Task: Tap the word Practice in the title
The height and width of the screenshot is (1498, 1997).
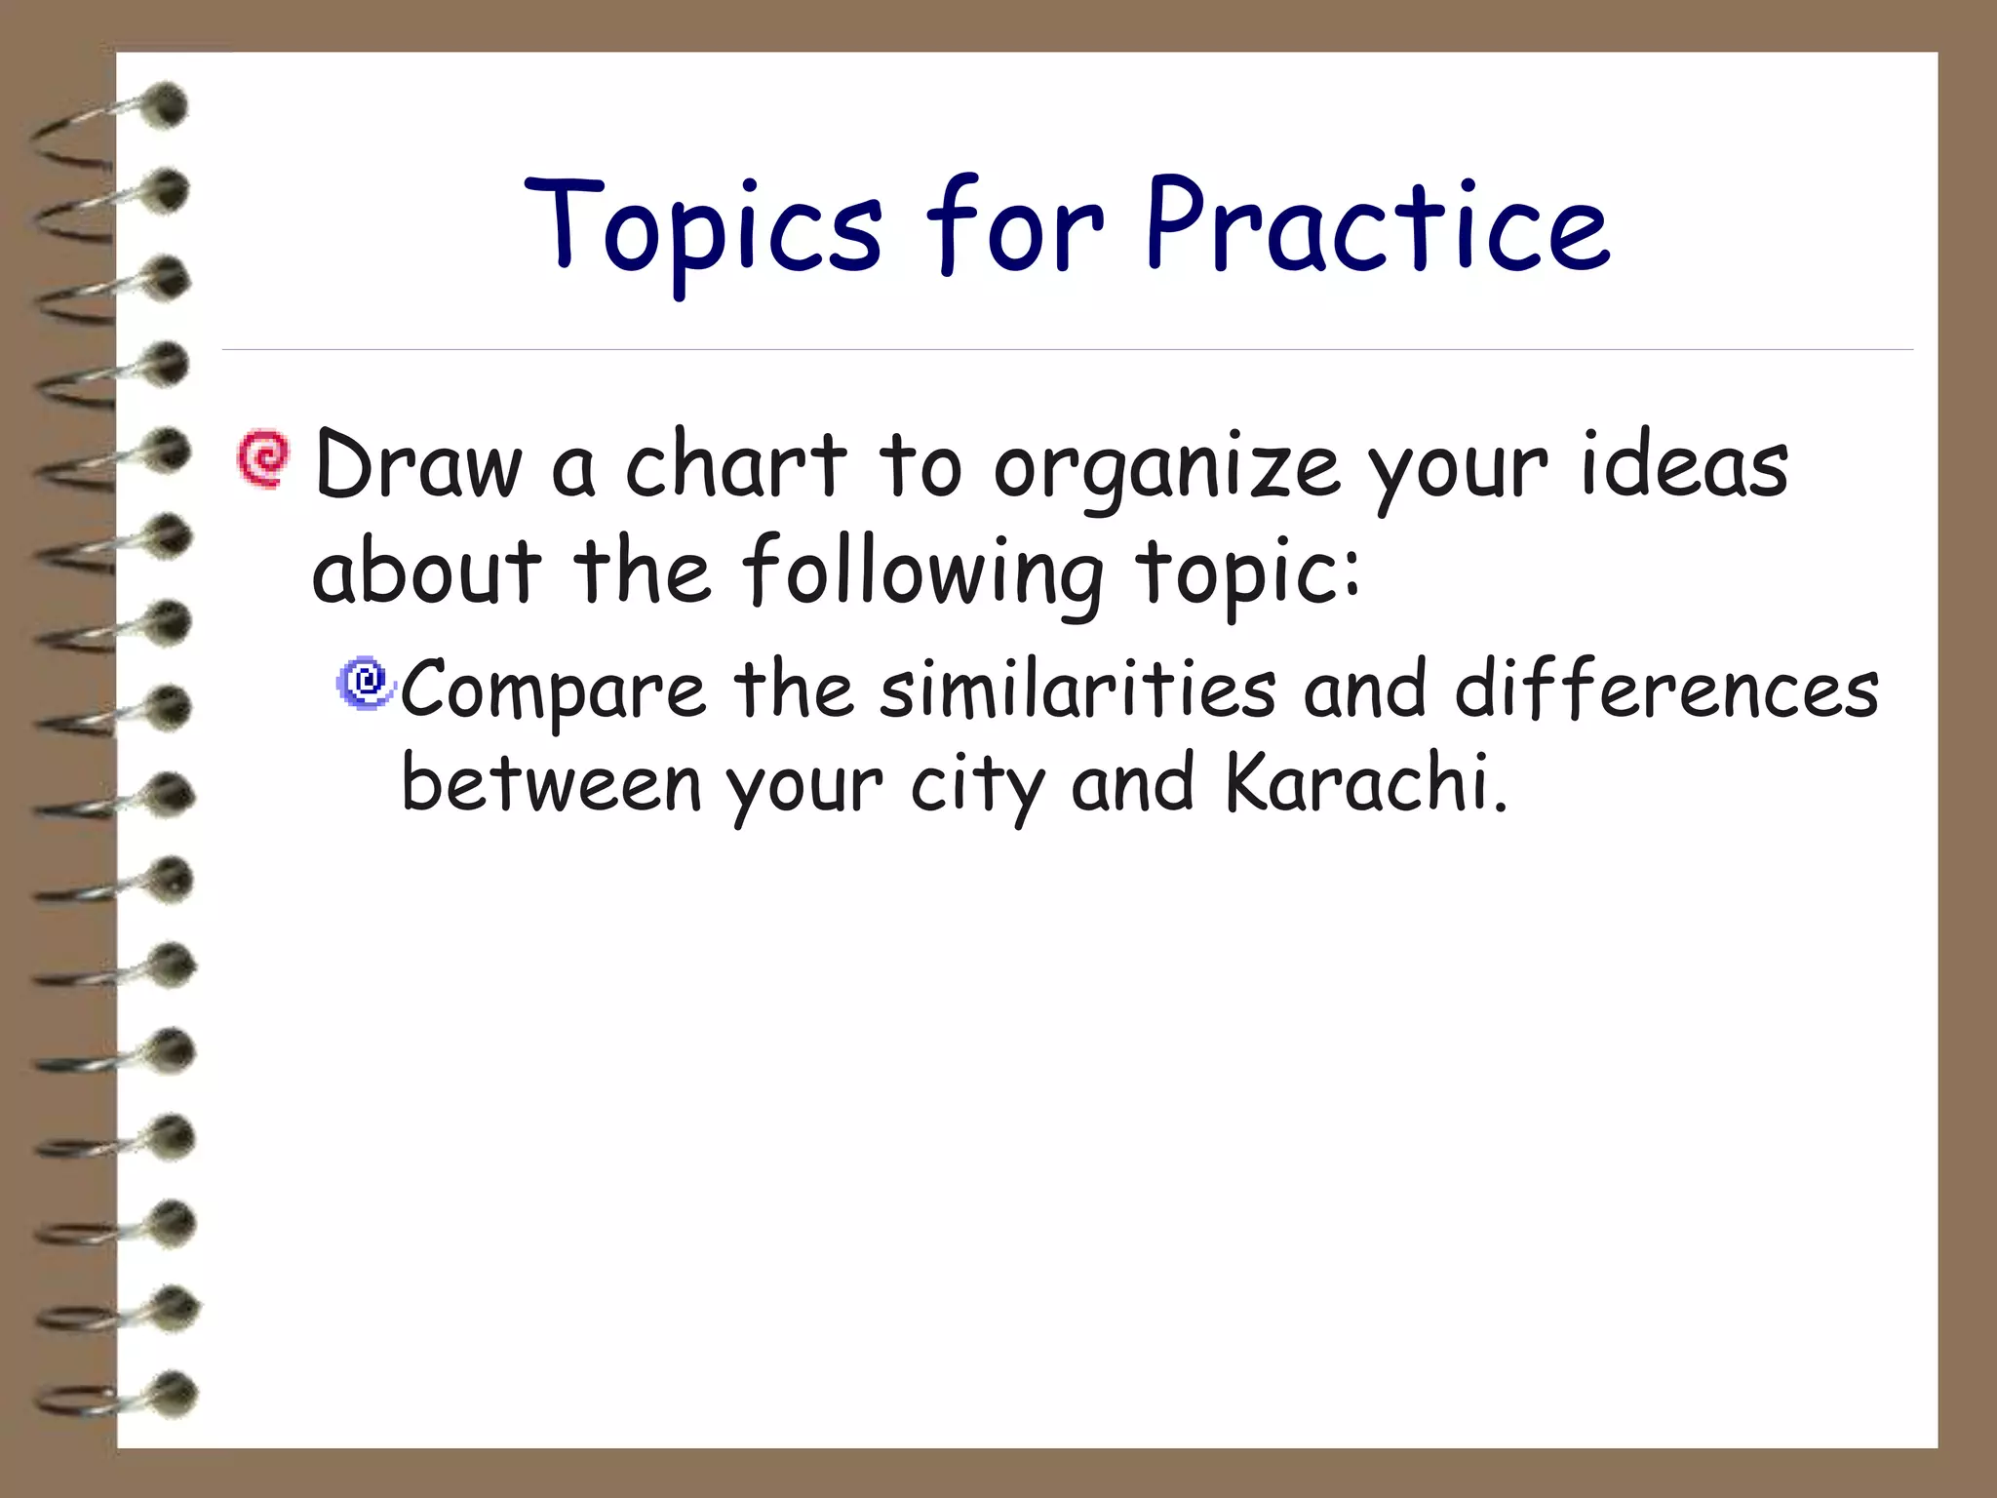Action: pos(1377,227)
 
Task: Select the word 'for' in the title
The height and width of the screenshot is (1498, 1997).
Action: pos(1015,227)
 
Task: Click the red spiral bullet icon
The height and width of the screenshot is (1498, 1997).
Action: pos(263,458)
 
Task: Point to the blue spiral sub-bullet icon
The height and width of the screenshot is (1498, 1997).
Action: pos(366,682)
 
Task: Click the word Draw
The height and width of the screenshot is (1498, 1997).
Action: pos(418,466)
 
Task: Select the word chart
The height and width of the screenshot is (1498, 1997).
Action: pos(736,466)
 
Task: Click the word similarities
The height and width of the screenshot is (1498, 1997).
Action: pos(1078,689)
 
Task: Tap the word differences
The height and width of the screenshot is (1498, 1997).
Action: pos(1666,689)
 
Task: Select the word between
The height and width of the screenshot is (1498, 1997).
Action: pos(551,783)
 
